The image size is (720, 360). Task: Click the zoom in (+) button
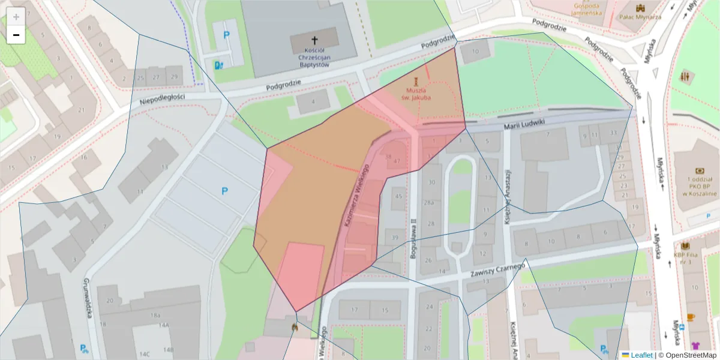(x=16, y=17)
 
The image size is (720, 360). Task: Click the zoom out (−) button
(x=16, y=35)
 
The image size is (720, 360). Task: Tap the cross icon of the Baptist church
(x=314, y=40)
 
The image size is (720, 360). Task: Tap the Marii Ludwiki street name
(x=524, y=124)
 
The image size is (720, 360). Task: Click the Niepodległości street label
(x=162, y=99)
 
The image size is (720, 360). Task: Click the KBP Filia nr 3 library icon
(x=686, y=246)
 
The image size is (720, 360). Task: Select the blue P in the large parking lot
(x=225, y=191)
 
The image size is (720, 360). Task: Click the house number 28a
(x=430, y=203)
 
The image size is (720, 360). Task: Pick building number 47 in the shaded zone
(x=397, y=161)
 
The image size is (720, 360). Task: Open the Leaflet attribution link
(x=641, y=355)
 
